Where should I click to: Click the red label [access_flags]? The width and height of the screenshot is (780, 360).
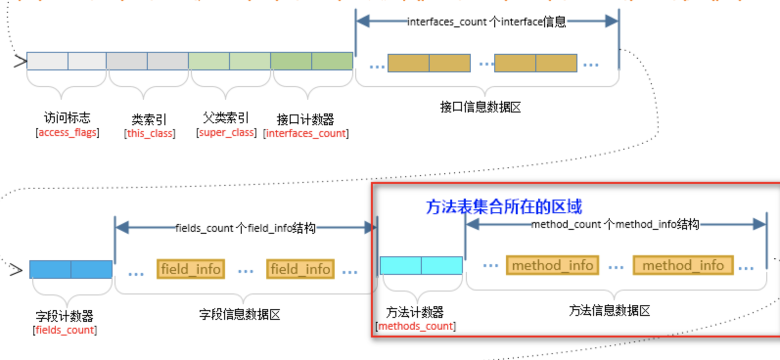(68, 133)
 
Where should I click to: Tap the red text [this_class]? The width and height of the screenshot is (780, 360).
(150, 134)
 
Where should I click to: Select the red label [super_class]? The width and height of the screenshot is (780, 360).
(226, 133)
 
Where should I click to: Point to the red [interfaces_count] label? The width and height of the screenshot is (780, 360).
(306, 134)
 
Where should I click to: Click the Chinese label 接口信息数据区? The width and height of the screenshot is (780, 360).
(481, 107)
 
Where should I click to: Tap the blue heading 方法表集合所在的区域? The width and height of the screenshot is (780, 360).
(504, 207)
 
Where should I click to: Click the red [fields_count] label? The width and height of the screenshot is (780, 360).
(65, 330)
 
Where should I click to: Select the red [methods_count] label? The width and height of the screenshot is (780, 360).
(415, 326)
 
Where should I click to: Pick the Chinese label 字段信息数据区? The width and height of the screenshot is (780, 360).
(240, 315)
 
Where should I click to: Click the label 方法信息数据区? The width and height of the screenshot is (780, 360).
(610, 311)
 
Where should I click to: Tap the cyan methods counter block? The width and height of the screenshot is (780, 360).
(421, 266)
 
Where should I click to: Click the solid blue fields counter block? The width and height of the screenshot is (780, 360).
(71, 270)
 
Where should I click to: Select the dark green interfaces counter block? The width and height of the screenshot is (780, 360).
(312, 61)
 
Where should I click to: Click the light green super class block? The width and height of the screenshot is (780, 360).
(229, 61)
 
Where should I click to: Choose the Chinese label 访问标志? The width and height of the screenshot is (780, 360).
(67, 118)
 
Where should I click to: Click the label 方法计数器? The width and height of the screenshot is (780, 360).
(415, 312)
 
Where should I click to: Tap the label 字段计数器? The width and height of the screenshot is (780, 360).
(65, 316)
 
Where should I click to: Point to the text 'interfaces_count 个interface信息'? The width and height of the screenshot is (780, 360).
(486, 22)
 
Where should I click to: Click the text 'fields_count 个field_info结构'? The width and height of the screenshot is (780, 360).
(246, 228)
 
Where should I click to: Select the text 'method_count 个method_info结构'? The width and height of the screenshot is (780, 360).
(615, 225)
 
